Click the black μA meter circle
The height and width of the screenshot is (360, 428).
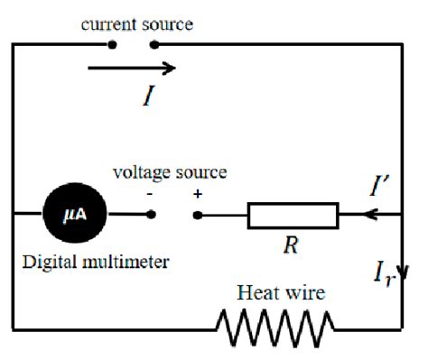74,215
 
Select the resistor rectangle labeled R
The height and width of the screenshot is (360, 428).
293,216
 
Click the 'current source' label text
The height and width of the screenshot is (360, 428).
136,24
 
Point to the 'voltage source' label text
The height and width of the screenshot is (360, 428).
170,171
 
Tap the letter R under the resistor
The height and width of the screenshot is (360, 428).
286,245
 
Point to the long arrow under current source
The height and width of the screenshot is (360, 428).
132,68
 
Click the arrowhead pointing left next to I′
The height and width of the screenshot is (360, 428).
368,216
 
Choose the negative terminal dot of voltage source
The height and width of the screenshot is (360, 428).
152,215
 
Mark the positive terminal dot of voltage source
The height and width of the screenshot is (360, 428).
198,215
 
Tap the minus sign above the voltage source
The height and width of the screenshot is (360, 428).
150,192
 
